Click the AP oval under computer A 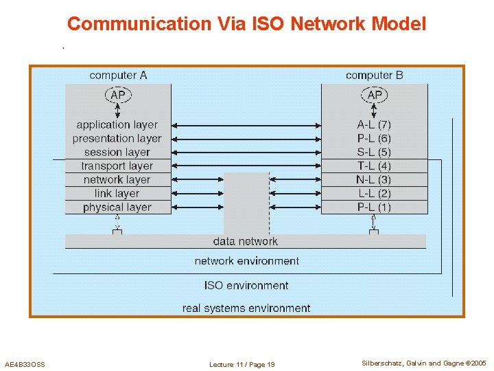pyautogui.click(x=118, y=95)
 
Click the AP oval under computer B pyautogui.click(x=375, y=95)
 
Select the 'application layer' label pyautogui.click(x=117, y=124)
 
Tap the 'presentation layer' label pyautogui.click(x=117, y=138)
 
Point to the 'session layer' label pyautogui.click(x=117, y=152)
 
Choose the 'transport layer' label pyautogui.click(x=117, y=166)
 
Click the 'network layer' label pyautogui.click(x=117, y=179)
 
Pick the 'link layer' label pyautogui.click(x=117, y=193)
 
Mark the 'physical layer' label pyautogui.click(x=117, y=207)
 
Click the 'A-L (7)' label pyautogui.click(x=374, y=124)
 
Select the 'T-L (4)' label pyautogui.click(x=374, y=166)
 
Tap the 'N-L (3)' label pyautogui.click(x=374, y=179)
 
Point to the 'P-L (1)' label pyautogui.click(x=374, y=207)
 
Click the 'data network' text pyautogui.click(x=245, y=241)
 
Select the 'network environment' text pyautogui.click(x=246, y=261)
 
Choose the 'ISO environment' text pyautogui.click(x=246, y=285)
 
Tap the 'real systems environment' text pyautogui.click(x=246, y=308)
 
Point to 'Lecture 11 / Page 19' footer pyautogui.click(x=242, y=364)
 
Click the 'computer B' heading pyautogui.click(x=374, y=75)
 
